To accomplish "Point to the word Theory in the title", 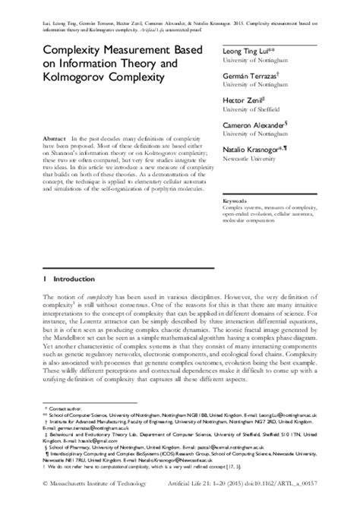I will [x=118, y=64].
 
